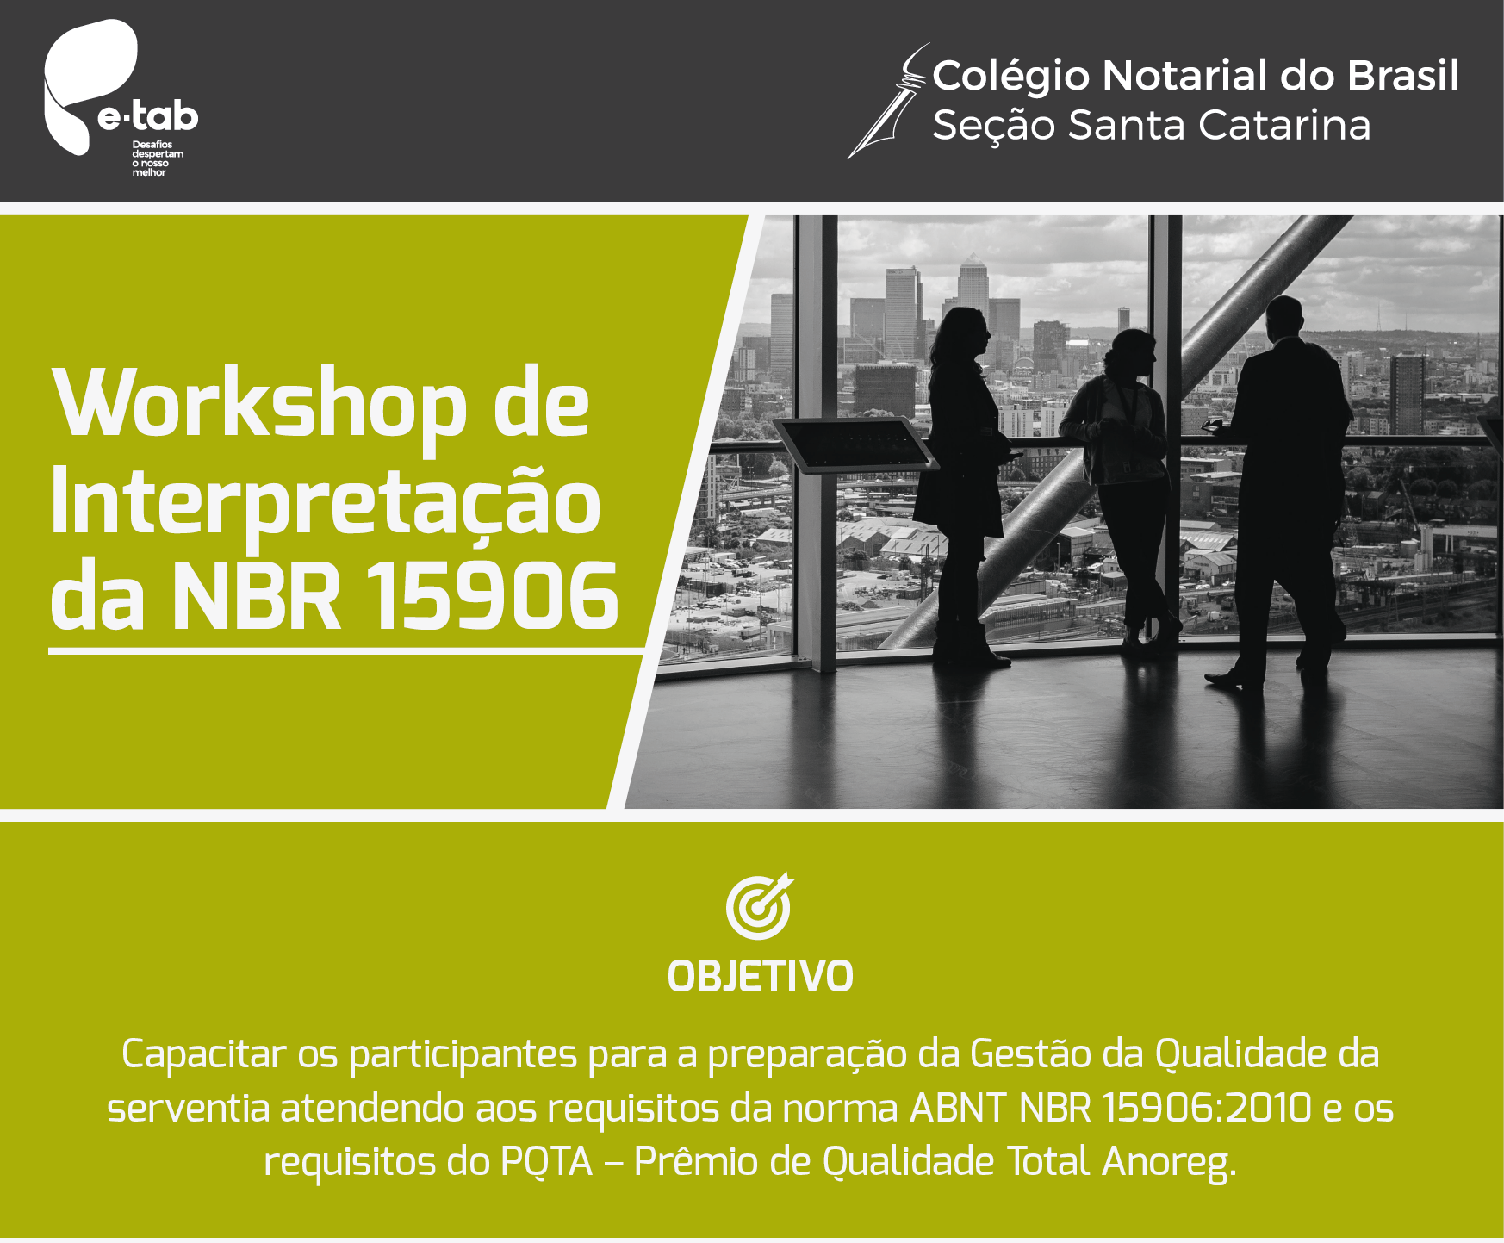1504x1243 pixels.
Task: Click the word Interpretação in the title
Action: coord(326,503)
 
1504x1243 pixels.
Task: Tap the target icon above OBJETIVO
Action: coord(759,905)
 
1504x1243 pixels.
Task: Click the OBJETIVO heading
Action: coord(761,977)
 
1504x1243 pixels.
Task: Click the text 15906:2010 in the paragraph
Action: coord(1207,1109)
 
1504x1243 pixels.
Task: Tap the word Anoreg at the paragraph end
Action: coord(1169,1164)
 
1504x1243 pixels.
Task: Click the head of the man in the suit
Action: coord(1285,318)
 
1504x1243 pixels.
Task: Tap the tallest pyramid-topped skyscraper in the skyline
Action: coord(972,284)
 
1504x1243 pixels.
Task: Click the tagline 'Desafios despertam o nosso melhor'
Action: coord(158,158)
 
